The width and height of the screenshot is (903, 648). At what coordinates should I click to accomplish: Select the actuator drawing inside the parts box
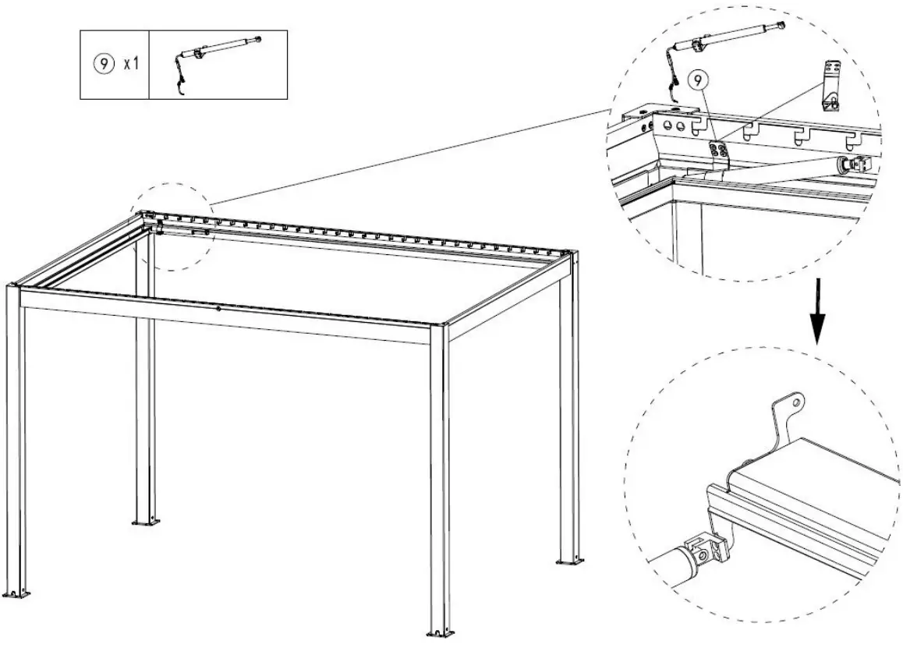[x=218, y=56]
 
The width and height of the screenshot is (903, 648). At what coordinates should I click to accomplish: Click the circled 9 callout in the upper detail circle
[x=699, y=79]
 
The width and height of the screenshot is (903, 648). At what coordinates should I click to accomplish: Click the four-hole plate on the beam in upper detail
[x=718, y=154]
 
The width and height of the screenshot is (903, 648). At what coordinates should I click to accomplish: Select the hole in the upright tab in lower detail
[x=795, y=403]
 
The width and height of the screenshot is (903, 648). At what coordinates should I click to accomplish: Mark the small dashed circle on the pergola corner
[x=173, y=226]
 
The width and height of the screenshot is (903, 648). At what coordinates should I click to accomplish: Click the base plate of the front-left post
[x=17, y=595]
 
